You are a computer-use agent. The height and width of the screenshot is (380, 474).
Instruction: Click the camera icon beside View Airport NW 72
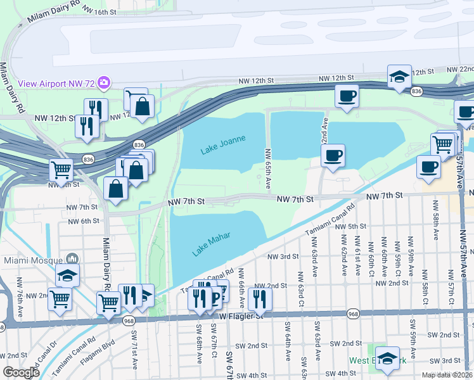tap(104, 82)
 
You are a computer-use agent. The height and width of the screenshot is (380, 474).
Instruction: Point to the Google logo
tap(21, 372)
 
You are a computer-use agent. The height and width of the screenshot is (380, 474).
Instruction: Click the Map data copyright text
tap(446, 375)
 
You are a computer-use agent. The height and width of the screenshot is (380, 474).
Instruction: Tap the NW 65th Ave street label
tap(268, 169)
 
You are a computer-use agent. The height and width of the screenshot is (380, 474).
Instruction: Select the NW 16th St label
tap(100, 12)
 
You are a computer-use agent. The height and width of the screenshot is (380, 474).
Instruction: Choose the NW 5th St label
tap(352, 226)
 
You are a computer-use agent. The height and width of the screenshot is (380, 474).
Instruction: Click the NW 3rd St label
tap(283, 256)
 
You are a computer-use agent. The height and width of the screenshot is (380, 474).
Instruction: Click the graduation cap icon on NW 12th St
tap(399, 77)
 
